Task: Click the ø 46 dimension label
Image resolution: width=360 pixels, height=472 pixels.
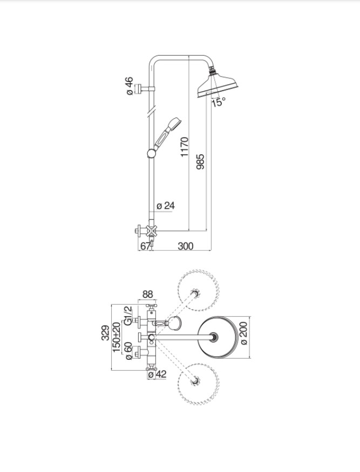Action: tap(130, 86)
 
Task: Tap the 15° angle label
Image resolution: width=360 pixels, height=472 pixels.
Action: tap(218, 102)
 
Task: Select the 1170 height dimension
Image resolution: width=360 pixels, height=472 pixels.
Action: tap(185, 147)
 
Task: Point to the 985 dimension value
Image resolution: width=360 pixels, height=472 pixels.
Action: tap(200, 162)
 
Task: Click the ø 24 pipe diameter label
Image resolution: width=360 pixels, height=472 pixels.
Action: tap(166, 206)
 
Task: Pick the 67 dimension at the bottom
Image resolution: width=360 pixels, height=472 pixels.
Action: tap(145, 246)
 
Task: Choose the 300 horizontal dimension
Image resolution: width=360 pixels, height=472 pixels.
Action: tap(185, 246)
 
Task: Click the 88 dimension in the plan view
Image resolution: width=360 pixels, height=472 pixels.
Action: tap(147, 294)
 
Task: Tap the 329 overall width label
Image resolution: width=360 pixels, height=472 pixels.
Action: tap(105, 333)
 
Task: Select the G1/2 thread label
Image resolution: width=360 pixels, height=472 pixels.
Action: tap(128, 316)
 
